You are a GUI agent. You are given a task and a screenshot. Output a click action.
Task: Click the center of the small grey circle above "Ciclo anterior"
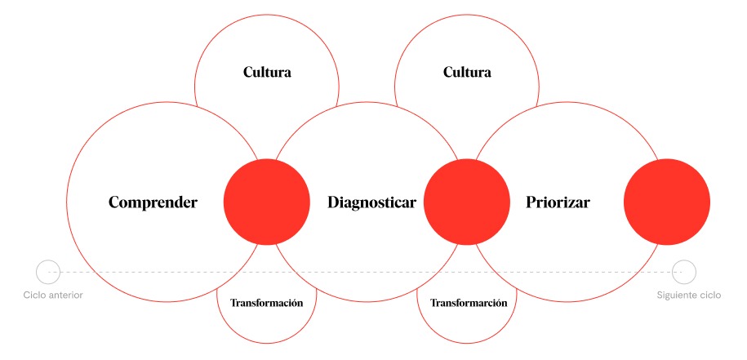[x=48, y=272]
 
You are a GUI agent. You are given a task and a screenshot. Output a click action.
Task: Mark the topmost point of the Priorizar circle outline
[x=567, y=102]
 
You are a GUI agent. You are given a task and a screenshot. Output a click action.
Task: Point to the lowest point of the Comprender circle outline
[x=167, y=302]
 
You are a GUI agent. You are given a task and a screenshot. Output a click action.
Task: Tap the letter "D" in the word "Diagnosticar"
[x=334, y=202]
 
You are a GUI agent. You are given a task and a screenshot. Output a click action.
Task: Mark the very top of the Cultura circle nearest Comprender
[x=267, y=15]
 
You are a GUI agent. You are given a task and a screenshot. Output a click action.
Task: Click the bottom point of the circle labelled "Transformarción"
[x=467, y=344]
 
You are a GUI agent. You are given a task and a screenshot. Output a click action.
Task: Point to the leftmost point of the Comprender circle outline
[x=67, y=202]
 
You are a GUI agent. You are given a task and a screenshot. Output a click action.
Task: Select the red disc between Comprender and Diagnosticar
[x=267, y=202]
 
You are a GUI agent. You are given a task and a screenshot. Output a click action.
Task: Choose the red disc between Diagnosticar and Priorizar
[x=467, y=202]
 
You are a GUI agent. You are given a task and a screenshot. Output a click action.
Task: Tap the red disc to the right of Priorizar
[x=667, y=202]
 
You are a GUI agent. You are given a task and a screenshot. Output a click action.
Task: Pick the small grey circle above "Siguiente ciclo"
[x=684, y=272]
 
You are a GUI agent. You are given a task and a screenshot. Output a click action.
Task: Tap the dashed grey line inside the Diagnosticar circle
[x=367, y=272]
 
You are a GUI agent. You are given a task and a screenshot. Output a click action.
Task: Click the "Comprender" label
[x=153, y=202]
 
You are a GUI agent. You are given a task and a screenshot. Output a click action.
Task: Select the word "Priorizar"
[x=558, y=202]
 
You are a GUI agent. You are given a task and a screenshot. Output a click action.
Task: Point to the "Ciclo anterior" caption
[x=53, y=296]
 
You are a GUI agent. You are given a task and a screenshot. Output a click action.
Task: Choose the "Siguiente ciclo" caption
[x=689, y=296]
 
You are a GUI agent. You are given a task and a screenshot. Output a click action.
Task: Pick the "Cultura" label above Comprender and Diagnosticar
[x=267, y=73]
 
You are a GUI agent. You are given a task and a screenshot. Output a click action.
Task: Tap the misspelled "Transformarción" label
[x=469, y=303]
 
